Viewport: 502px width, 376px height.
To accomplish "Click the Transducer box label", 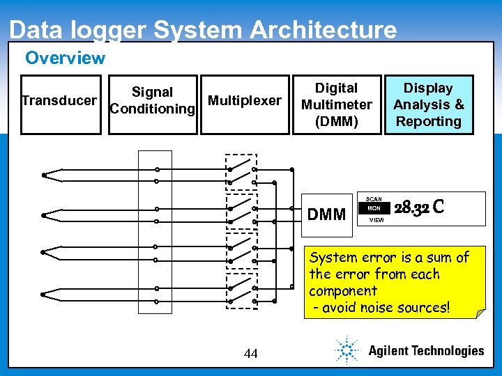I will [x=59, y=101].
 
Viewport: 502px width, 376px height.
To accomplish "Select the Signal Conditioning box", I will [x=152, y=101].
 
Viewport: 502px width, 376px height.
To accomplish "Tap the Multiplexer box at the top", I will [x=245, y=101].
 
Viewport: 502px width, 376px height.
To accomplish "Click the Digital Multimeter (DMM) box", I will [x=337, y=104].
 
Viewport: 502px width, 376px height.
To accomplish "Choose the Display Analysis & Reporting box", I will [x=428, y=104].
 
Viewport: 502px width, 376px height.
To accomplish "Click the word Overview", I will [x=65, y=58].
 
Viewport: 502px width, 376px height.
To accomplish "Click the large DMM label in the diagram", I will [x=326, y=214].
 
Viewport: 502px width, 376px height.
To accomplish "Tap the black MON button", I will [x=374, y=208].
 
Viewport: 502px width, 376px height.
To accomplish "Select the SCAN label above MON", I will [x=374, y=198].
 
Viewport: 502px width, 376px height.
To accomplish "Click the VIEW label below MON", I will [x=376, y=219].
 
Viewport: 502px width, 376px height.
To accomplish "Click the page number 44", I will [x=251, y=354].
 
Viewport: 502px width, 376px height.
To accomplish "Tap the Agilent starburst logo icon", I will [x=347, y=350].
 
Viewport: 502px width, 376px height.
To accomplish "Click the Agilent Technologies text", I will [x=425, y=351].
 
